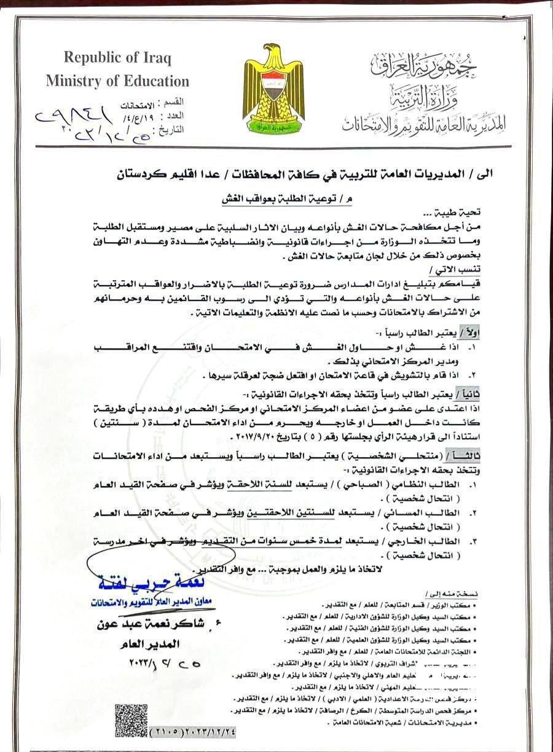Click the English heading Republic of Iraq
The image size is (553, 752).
click(x=117, y=59)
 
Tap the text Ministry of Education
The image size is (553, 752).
click(x=126, y=81)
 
